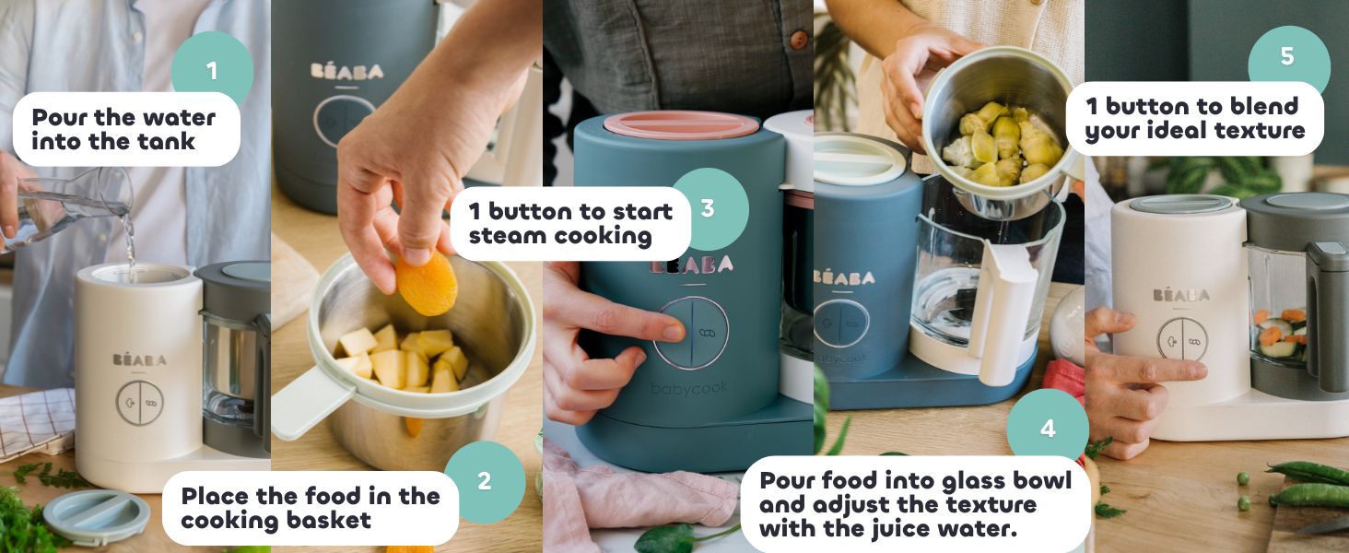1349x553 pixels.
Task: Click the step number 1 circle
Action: [x=212, y=69]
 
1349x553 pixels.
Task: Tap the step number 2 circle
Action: [x=485, y=481]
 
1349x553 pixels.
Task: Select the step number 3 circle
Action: [x=710, y=208]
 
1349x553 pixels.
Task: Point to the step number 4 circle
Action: [x=1048, y=429]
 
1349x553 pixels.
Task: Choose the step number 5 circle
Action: [x=1288, y=57]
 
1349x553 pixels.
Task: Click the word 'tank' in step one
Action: [x=166, y=142]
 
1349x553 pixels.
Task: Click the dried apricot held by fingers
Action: [x=427, y=284]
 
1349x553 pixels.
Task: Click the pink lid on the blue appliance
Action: [x=681, y=124]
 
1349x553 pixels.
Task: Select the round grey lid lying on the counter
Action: [x=97, y=517]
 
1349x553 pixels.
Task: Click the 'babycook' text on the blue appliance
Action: [x=689, y=389]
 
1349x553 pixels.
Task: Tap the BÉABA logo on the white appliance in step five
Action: [x=1181, y=295]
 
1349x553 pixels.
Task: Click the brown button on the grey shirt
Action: [x=799, y=39]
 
